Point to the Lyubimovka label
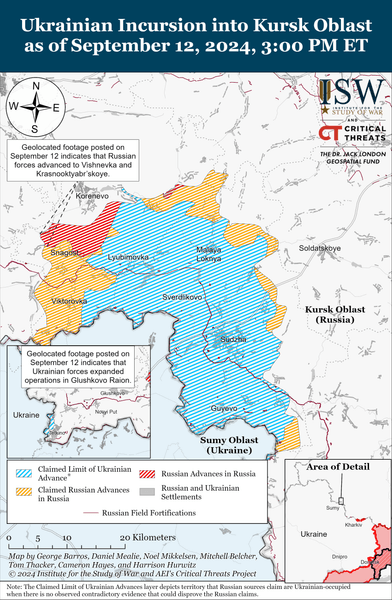tap(128, 257)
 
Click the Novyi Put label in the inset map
tap(104, 410)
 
